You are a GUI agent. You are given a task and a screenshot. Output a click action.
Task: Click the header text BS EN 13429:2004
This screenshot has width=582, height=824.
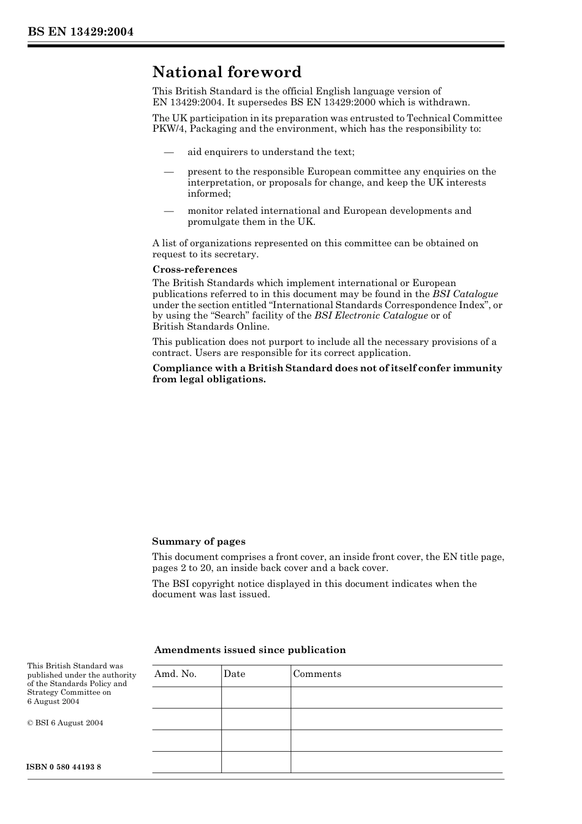click(x=80, y=32)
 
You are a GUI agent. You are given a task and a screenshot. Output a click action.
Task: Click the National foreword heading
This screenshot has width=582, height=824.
click(x=227, y=72)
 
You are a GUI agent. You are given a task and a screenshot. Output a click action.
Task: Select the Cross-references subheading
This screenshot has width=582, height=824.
click(x=195, y=270)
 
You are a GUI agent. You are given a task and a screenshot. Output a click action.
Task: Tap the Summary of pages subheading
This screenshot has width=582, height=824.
click(x=198, y=542)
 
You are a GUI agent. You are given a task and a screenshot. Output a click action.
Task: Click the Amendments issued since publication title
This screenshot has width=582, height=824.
click(x=250, y=650)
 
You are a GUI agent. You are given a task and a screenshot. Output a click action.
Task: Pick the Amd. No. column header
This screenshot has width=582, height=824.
click(x=175, y=674)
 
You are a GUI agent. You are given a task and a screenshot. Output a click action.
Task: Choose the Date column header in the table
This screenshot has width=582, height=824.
click(x=234, y=674)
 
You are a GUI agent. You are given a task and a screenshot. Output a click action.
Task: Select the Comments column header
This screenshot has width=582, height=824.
click(x=317, y=674)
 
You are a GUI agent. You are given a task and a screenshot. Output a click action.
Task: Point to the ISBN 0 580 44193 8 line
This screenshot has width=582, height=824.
click(x=64, y=767)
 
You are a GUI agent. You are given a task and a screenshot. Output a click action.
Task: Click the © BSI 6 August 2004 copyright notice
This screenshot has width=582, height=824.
click(x=65, y=723)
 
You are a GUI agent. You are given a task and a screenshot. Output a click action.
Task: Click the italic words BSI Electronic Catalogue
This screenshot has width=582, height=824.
click(x=371, y=316)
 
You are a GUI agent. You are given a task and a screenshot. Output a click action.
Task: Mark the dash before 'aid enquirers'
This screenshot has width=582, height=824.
click(x=168, y=152)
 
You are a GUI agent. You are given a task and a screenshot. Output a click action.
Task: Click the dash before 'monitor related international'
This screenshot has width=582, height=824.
click(x=168, y=211)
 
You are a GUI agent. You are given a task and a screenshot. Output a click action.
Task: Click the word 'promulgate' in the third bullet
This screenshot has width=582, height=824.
click(x=212, y=222)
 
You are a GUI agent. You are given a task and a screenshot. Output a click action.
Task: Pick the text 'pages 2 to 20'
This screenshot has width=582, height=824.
click(x=181, y=568)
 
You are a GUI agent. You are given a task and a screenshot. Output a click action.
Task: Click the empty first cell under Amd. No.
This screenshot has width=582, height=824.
click(x=186, y=697)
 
